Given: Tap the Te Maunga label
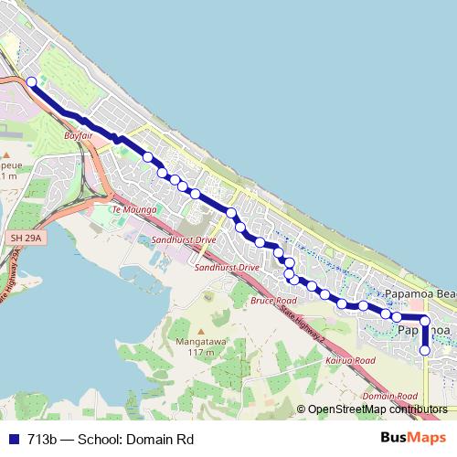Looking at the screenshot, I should tap(129, 209).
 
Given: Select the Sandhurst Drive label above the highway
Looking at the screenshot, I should tap(185, 239).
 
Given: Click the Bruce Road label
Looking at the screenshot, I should tap(273, 300).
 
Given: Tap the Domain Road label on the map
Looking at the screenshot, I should tap(384, 396).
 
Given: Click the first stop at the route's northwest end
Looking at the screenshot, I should tap(32, 82).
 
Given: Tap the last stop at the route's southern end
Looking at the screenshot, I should tap(424, 350).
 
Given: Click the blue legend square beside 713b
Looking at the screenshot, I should tap(10, 439).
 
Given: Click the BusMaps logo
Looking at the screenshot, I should tap(413, 438).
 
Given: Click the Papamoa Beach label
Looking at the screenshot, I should tap(420, 293).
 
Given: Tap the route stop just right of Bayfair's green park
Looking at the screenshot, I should tap(148, 157).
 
